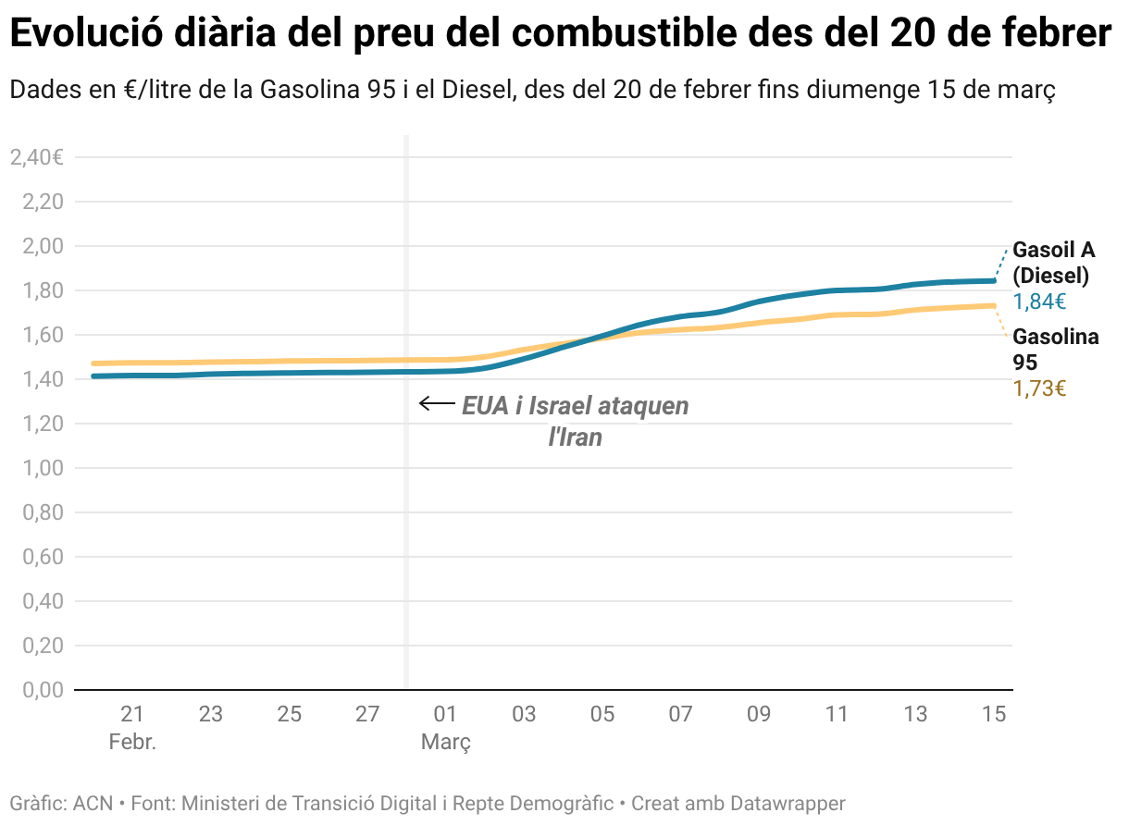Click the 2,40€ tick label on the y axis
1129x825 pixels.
pos(36,157)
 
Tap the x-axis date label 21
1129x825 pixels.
pos(132,714)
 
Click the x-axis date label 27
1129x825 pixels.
pos(367,714)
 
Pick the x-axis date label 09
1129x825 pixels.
pos(759,714)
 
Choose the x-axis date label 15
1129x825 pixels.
pos(994,714)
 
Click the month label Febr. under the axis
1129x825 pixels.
pos(132,742)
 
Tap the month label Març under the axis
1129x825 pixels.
pos(446,742)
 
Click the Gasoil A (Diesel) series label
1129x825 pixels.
pos(1053,263)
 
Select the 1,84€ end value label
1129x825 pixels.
pos(1039,302)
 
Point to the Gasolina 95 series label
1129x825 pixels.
pos(1055,350)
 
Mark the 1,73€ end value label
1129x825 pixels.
pos(1039,389)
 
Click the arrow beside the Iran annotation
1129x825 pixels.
pos(435,403)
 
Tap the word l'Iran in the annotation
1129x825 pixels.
pos(576,437)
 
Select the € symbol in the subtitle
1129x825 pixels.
pos(129,91)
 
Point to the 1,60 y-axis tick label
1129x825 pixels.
pos(43,335)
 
